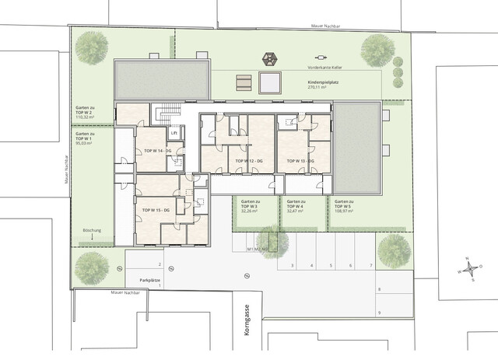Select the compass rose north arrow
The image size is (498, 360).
(x=469, y=270)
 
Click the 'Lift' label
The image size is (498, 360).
(x=174, y=133)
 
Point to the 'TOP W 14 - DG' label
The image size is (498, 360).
(x=157, y=150)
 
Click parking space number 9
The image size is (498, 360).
(x=379, y=313)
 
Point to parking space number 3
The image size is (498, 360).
(x=292, y=266)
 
